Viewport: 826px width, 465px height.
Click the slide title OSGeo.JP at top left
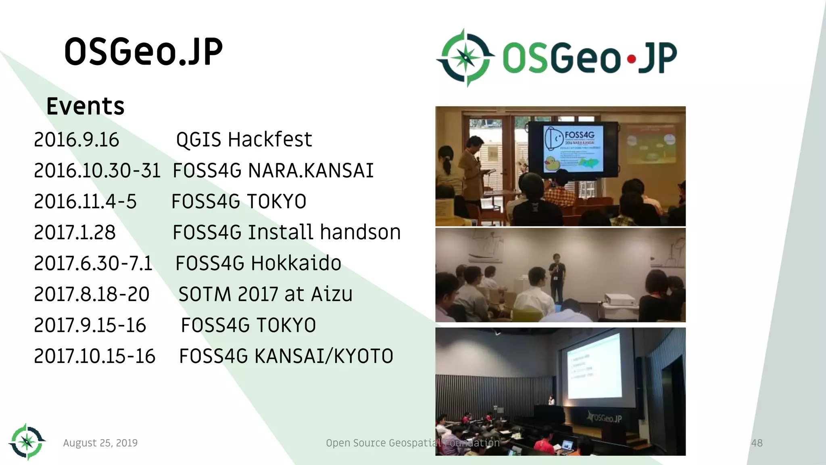click(143, 52)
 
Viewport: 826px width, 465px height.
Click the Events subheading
click(85, 107)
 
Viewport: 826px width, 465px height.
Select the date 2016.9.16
click(77, 140)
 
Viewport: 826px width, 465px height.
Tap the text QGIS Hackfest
click(244, 140)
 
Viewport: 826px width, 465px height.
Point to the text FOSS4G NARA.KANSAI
click(273, 170)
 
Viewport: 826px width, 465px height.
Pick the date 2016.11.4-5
click(86, 201)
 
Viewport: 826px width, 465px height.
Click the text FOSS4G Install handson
click(286, 232)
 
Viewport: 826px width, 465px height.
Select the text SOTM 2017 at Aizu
click(265, 294)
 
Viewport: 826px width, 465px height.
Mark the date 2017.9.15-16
click(90, 325)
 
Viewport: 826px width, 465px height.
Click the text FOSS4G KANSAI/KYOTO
click(286, 356)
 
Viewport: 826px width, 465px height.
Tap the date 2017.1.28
click(75, 232)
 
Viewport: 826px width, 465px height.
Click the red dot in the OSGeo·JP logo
click(632, 60)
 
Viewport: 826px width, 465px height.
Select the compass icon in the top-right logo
click(466, 58)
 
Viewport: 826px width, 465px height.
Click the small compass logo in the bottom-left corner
click(27, 442)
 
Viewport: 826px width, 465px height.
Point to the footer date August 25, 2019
click(100, 443)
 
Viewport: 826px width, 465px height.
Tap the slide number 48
click(757, 443)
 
